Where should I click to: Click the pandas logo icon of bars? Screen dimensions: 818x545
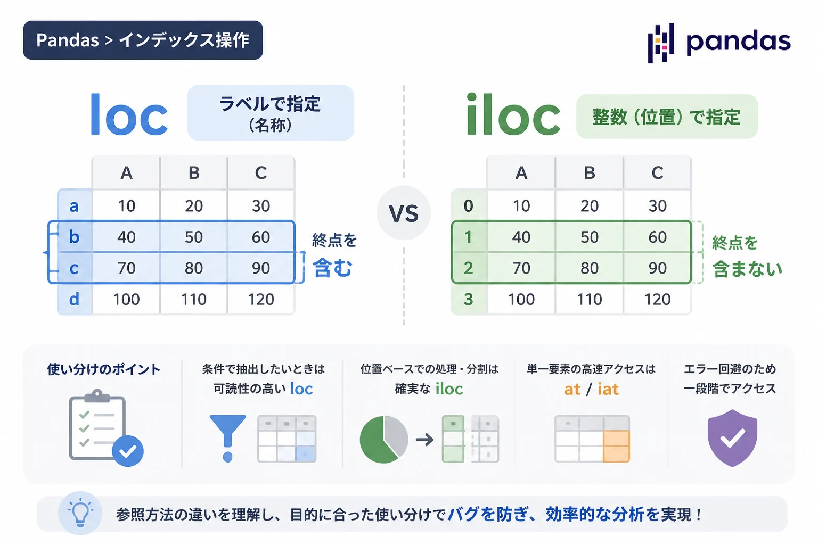(x=660, y=43)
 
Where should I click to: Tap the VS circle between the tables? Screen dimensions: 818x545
(x=404, y=213)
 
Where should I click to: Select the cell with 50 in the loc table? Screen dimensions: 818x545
(x=193, y=237)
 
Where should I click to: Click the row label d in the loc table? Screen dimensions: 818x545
(x=74, y=299)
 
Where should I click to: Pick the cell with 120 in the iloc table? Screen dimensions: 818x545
(x=657, y=299)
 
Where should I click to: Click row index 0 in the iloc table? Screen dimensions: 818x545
(x=469, y=206)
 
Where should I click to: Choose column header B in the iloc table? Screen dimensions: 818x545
(x=590, y=172)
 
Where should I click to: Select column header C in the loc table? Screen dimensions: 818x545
(x=261, y=172)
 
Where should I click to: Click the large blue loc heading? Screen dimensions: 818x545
(x=129, y=114)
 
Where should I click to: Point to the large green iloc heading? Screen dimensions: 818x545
(x=513, y=114)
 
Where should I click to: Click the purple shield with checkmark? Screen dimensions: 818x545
(x=732, y=438)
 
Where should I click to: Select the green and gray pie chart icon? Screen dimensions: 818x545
(x=384, y=440)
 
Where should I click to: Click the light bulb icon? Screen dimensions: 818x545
(x=80, y=513)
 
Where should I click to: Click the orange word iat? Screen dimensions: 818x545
(x=608, y=389)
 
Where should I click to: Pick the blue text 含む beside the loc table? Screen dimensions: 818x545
(x=332, y=268)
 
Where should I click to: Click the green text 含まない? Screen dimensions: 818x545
(x=747, y=269)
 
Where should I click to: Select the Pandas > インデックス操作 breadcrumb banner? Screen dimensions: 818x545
(x=143, y=40)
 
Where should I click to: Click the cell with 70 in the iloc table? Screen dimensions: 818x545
(x=521, y=268)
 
